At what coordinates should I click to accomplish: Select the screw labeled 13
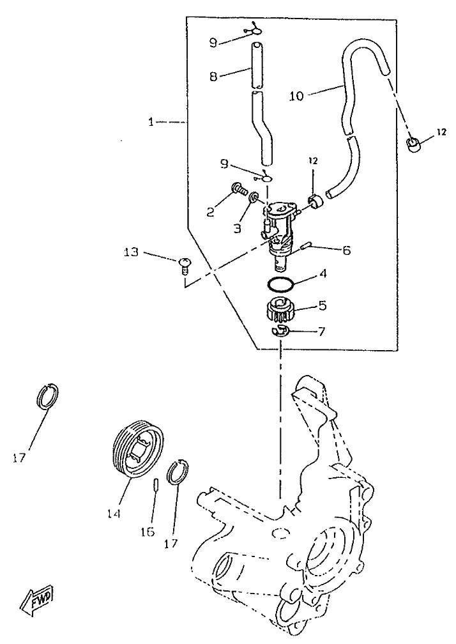(186, 263)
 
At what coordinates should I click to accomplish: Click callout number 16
(149, 532)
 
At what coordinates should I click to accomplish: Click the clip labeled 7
(280, 330)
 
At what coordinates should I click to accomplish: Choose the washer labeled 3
(254, 198)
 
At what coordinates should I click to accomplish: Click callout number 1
(151, 121)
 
